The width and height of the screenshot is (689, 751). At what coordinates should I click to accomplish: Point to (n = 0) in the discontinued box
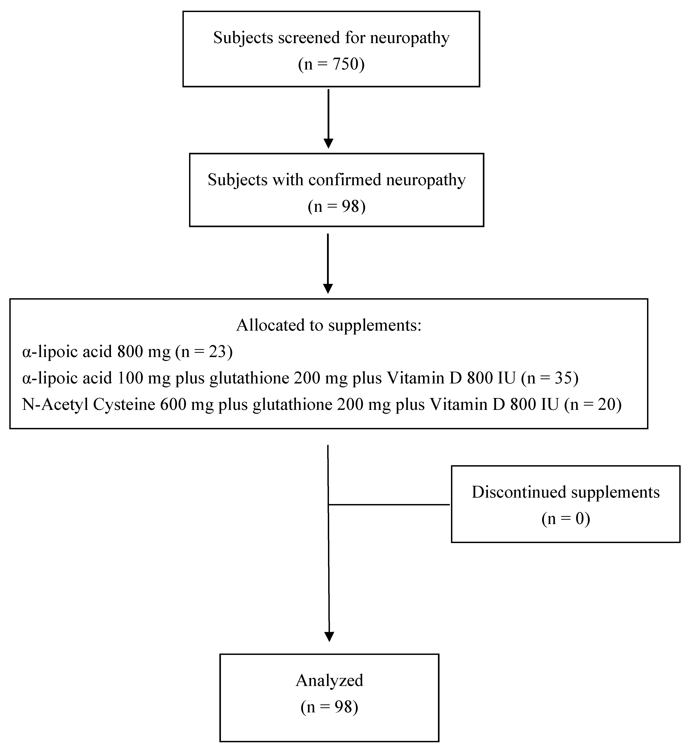tap(566, 519)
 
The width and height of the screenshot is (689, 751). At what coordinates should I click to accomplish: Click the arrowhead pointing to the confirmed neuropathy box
tap(328, 143)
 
